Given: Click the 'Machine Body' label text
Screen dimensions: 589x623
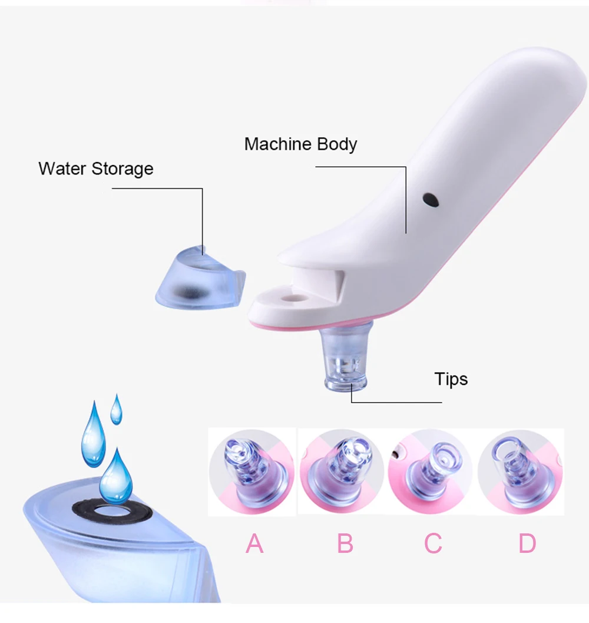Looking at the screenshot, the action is point(300,144).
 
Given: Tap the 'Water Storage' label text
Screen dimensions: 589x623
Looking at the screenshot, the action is point(95,169).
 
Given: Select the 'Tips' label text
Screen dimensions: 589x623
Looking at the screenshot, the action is point(451,379).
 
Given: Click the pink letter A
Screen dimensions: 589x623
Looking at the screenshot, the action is point(254,543).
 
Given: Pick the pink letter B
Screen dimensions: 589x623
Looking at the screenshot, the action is point(345,543).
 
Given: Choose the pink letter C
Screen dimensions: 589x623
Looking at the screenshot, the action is point(433,543).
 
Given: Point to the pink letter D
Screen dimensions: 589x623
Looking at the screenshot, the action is point(527,543).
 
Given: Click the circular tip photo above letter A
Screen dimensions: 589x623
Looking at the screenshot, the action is point(252,472).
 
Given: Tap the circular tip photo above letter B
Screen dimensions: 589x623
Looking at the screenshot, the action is point(342,472).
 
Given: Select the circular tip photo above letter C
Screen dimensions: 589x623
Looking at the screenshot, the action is point(431,472).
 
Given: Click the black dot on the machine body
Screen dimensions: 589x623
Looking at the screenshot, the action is point(432,200).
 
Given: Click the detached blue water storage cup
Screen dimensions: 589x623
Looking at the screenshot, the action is point(197,277).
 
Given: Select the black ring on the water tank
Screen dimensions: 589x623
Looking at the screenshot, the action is point(112,511).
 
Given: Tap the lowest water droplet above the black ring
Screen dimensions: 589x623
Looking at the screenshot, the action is point(115,477).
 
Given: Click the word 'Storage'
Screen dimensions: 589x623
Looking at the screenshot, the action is point(123,169).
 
